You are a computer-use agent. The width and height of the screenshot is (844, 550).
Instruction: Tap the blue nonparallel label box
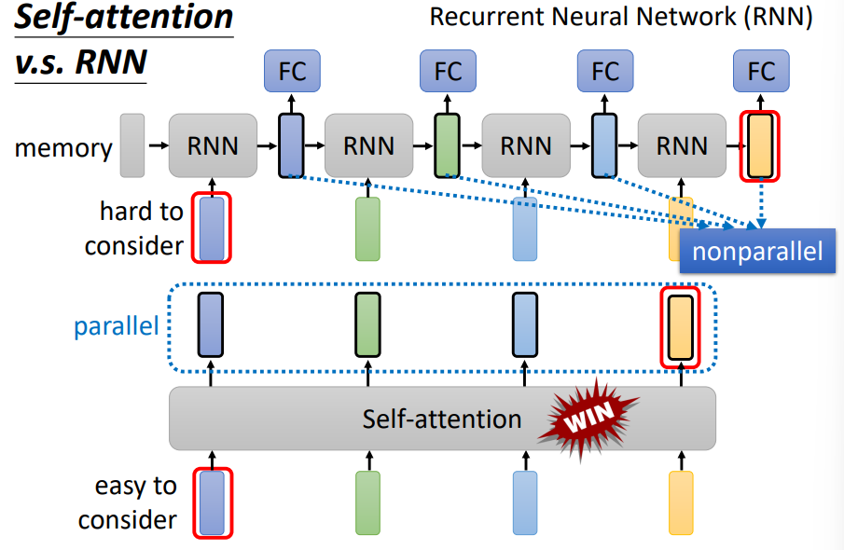coord(757,252)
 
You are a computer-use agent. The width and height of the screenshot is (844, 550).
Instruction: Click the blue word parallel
coord(117,326)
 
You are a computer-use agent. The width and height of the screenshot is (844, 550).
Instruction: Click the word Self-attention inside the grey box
coord(441,419)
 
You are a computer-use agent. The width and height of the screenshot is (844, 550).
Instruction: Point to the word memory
coord(62,147)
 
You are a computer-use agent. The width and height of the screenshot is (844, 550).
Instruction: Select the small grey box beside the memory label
coord(132,145)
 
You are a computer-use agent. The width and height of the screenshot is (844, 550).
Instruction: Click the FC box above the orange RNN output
coord(761,71)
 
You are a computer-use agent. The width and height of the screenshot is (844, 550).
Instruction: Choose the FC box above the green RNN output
coord(448,71)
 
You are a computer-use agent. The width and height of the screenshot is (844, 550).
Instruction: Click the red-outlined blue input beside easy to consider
coord(212,503)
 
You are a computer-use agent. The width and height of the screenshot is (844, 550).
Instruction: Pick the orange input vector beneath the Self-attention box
coord(682,503)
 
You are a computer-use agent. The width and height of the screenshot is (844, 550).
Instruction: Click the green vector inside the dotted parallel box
coord(368,325)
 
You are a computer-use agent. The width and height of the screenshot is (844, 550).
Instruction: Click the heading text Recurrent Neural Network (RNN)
coord(620,16)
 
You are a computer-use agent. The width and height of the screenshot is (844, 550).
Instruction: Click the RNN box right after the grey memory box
coord(213,145)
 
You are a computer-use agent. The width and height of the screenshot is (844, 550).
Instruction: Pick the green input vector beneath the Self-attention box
coord(368,503)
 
